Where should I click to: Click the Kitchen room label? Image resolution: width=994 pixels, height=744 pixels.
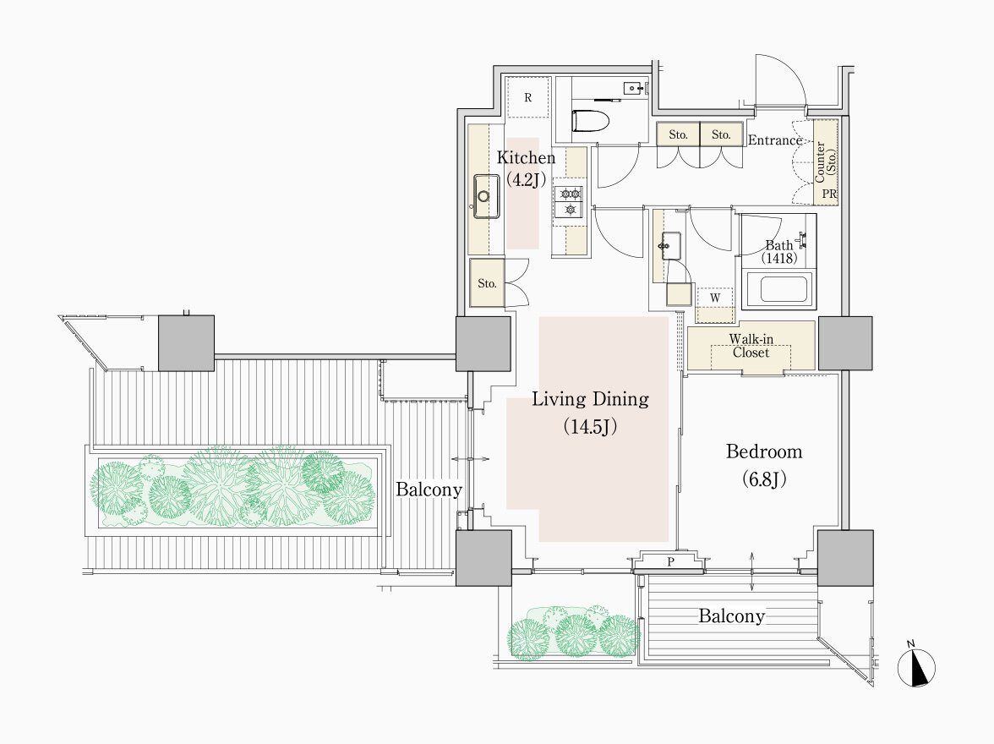click(526, 157)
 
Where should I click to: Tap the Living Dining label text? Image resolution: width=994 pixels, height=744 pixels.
click(590, 399)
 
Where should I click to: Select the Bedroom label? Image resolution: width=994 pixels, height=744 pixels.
click(764, 451)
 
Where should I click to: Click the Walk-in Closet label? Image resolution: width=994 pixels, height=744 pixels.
click(751, 346)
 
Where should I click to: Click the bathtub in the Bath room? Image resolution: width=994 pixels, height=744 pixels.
click(778, 289)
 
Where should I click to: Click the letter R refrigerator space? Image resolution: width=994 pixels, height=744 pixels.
click(528, 98)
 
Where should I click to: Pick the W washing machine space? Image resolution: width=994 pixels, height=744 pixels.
click(715, 298)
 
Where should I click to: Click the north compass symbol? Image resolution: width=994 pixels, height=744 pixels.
click(916, 667)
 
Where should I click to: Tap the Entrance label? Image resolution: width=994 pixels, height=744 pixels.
click(775, 140)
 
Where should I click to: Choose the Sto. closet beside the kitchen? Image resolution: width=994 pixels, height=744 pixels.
click(487, 283)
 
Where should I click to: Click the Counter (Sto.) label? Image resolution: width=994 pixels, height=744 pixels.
click(825, 161)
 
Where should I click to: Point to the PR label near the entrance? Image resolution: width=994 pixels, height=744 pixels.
click(829, 194)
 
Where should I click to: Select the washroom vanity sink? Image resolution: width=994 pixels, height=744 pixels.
click(671, 245)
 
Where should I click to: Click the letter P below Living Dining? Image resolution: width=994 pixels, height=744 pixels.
click(670, 561)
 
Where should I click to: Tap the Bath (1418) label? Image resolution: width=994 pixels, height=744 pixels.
click(779, 252)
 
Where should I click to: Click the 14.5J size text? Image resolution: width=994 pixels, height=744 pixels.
click(590, 426)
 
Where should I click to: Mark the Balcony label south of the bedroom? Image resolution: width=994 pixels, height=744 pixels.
click(732, 615)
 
